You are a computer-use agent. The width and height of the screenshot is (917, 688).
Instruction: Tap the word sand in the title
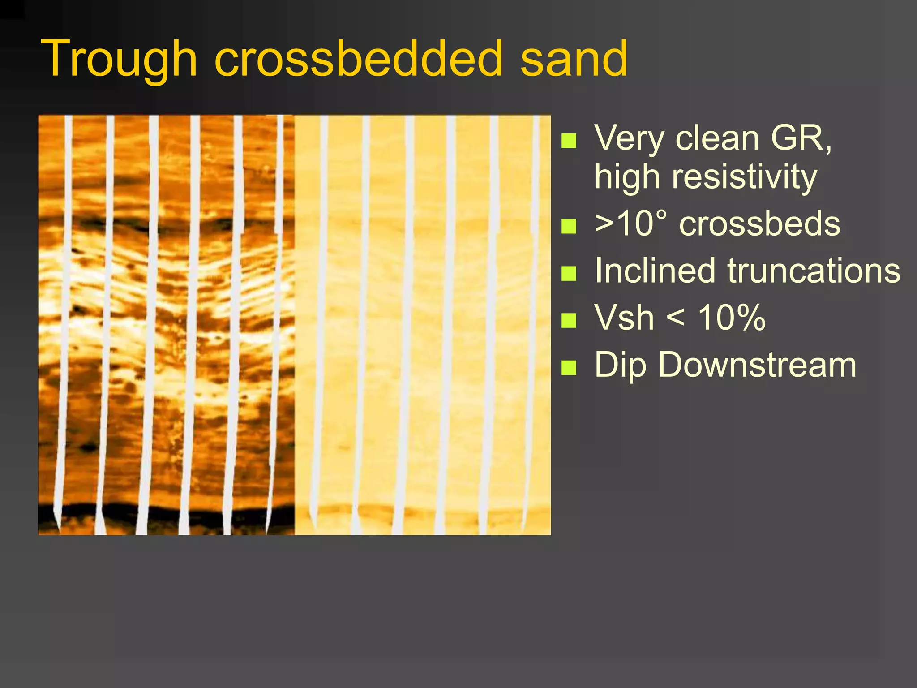574,59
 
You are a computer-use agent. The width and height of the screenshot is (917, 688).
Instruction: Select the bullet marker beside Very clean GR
569,141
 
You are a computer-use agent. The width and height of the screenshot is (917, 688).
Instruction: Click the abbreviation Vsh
624,318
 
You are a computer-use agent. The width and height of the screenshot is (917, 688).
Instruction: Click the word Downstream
757,365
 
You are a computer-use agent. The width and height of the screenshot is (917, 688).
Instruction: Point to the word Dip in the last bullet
621,365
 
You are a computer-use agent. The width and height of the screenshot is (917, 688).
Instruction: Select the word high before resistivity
627,176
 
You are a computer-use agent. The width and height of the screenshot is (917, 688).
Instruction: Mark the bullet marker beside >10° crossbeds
569,226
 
